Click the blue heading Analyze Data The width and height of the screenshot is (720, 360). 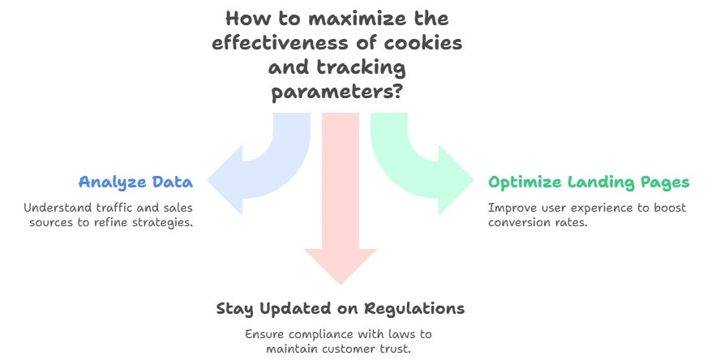click(x=135, y=182)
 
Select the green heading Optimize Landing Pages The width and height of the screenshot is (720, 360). click(x=589, y=182)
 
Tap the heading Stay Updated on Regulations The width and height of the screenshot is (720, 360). click(x=341, y=309)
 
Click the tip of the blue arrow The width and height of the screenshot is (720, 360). click(x=208, y=180)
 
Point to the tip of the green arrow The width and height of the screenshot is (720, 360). click(x=474, y=180)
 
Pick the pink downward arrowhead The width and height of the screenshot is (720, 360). click(x=341, y=267)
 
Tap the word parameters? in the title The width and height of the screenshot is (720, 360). click(x=337, y=92)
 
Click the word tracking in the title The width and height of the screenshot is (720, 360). click(x=362, y=68)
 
